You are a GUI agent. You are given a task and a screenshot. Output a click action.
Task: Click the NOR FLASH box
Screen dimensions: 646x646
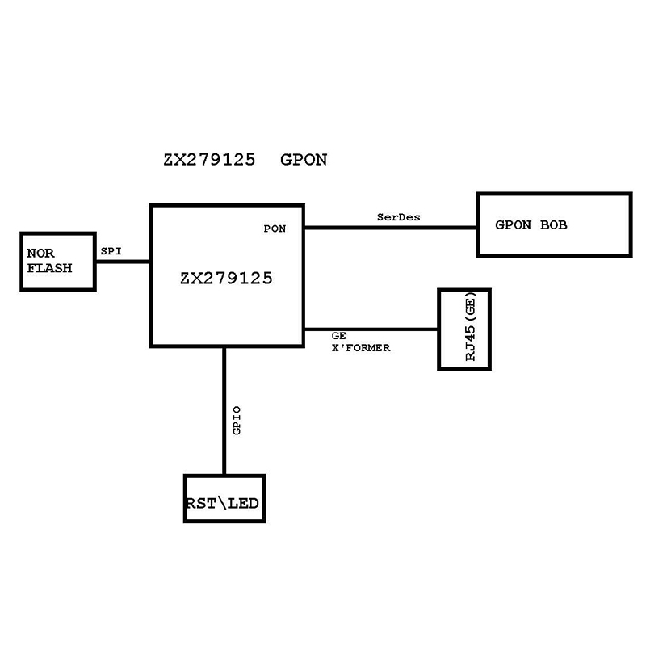coord(58,261)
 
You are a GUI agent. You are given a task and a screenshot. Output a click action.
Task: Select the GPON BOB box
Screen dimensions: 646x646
coord(554,225)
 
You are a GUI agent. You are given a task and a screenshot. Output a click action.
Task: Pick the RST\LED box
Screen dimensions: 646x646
coord(224,498)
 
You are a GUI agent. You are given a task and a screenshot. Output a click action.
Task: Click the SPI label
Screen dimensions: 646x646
coord(111,251)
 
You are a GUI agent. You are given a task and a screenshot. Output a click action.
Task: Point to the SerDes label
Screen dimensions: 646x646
coord(399,217)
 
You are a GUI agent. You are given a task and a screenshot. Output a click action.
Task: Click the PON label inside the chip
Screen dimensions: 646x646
coord(275,229)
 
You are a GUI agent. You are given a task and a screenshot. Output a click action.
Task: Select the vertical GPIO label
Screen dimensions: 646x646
coord(237,421)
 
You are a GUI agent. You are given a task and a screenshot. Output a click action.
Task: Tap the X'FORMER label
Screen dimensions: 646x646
coord(361,348)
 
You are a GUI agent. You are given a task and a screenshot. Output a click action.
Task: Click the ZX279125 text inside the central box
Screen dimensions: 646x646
coord(226,279)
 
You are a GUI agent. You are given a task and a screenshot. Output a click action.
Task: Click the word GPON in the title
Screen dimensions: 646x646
coord(304,159)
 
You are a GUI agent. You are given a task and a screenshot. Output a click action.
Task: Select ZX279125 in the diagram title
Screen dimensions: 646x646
coord(209,159)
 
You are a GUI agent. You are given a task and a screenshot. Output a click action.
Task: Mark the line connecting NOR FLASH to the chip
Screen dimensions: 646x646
coord(123,261)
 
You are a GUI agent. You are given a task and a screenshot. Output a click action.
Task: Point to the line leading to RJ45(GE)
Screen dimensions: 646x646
coord(371,329)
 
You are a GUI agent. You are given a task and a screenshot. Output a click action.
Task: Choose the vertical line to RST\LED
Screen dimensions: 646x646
coord(224,412)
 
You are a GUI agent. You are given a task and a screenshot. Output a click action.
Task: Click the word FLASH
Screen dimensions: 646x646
coord(49,267)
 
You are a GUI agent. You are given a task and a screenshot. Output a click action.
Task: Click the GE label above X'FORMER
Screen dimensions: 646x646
coord(339,336)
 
